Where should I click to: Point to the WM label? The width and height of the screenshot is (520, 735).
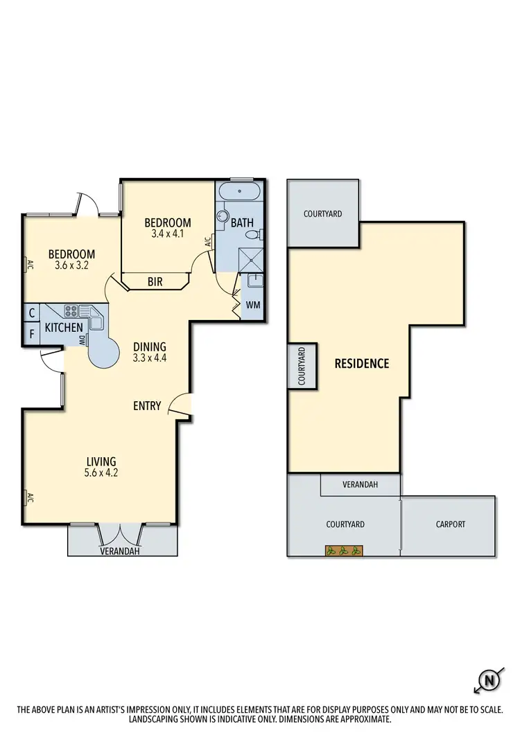(252, 305)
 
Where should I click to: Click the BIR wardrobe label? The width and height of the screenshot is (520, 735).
(155, 282)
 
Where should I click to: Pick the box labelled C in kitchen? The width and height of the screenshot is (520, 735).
(32, 314)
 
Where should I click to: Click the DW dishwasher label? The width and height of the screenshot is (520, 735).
(82, 340)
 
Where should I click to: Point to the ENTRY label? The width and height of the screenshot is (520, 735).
(147, 406)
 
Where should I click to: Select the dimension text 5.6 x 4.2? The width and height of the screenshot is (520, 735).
(101, 474)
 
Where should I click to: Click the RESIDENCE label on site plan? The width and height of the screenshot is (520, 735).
(361, 363)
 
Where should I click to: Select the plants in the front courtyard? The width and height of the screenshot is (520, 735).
(343, 551)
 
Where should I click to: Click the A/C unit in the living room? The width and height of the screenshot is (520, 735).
(29, 497)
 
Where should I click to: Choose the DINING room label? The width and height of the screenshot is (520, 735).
(150, 347)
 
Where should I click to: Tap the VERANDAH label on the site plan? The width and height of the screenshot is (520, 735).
(360, 485)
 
